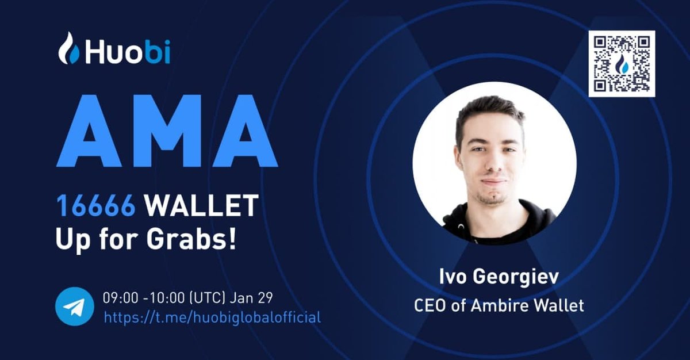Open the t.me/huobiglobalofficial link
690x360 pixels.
212,317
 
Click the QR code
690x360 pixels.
622,64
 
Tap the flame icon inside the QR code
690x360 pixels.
622,65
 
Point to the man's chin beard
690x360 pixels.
492,198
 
